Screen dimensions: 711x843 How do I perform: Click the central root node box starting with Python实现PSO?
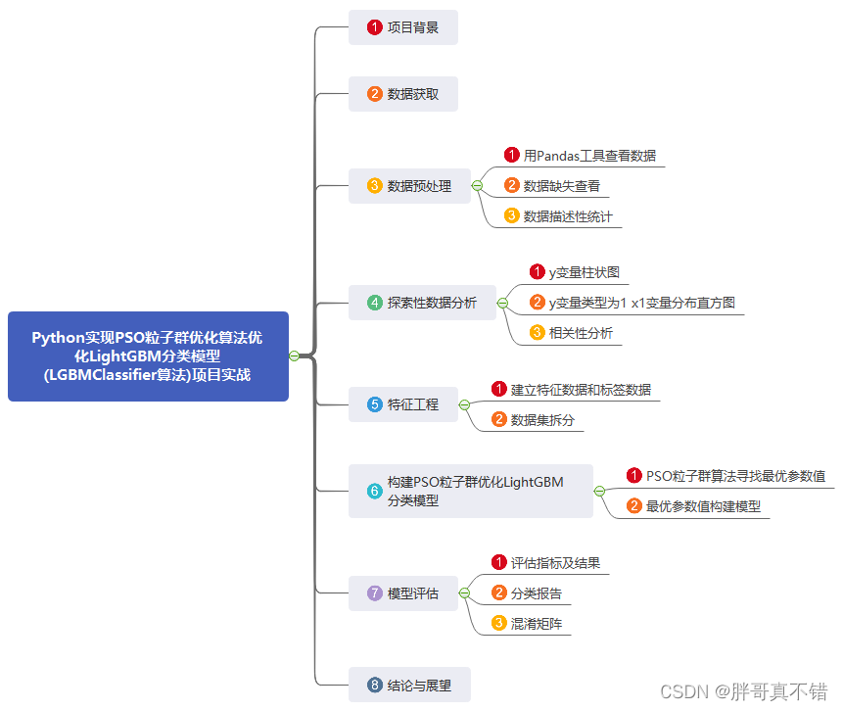click(x=148, y=356)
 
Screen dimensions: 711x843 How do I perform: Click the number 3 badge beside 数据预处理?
click(x=374, y=186)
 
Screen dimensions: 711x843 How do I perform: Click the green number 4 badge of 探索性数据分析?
click(x=374, y=303)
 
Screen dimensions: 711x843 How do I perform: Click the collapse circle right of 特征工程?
click(x=465, y=404)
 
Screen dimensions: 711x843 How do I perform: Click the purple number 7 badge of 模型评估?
click(x=374, y=593)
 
